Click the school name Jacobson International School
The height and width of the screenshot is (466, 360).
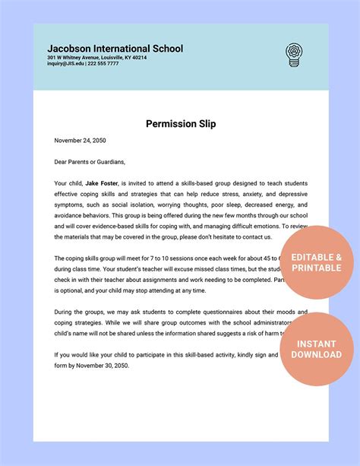[x=115, y=49]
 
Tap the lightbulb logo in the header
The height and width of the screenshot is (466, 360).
[x=293, y=54]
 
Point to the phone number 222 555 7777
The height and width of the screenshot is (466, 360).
[x=103, y=64]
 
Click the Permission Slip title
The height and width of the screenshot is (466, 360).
[x=181, y=124]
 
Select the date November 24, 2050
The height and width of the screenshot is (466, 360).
[x=80, y=140]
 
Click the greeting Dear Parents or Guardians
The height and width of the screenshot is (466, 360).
[x=90, y=161]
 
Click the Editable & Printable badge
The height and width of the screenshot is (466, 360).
[x=317, y=263]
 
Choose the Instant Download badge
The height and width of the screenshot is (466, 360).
[x=317, y=349]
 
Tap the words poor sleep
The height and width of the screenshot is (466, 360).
[x=213, y=204]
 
